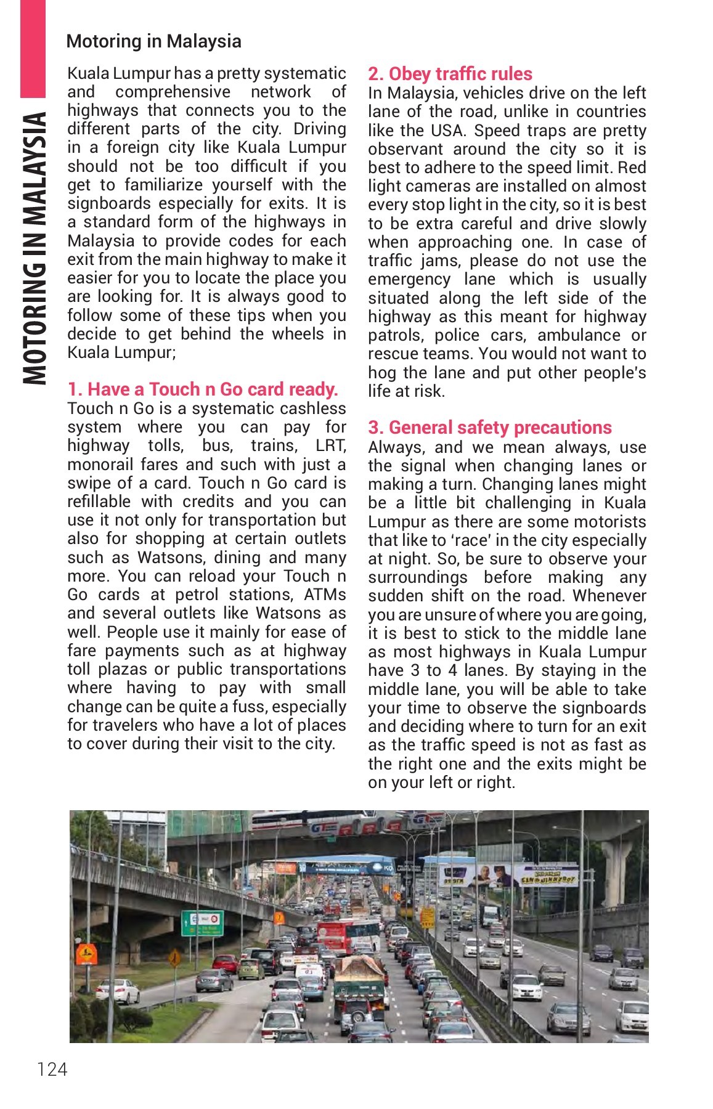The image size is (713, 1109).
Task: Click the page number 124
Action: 52,1069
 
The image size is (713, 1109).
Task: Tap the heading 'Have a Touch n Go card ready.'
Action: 203,389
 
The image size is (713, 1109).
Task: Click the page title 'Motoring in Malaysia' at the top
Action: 153,41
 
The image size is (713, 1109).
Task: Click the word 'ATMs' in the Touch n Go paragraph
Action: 325,595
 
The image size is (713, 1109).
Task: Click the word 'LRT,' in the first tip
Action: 330,445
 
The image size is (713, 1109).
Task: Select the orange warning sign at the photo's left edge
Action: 86,954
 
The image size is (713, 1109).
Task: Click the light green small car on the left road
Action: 251,969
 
